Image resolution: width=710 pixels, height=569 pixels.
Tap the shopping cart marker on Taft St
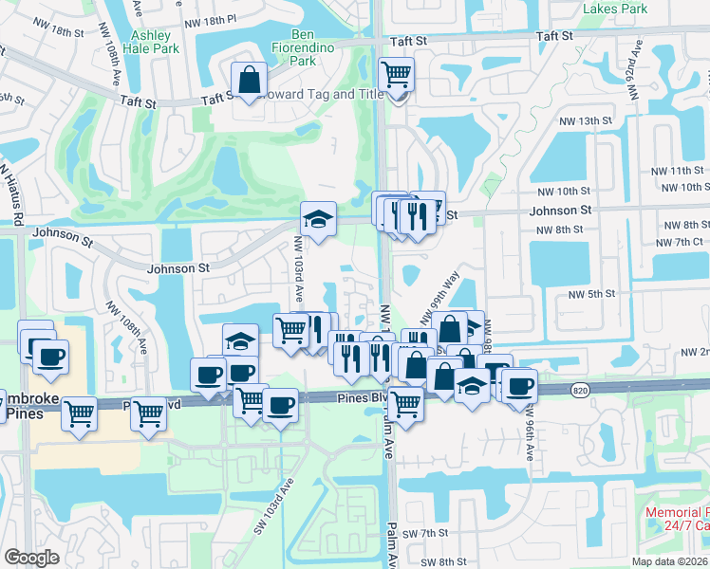[396, 75]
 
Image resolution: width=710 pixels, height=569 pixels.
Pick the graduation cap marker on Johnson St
[319, 220]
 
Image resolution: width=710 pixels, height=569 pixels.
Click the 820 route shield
[582, 389]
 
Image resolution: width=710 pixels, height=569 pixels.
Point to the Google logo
[31, 558]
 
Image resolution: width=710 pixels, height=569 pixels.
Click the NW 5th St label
[591, 294]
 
